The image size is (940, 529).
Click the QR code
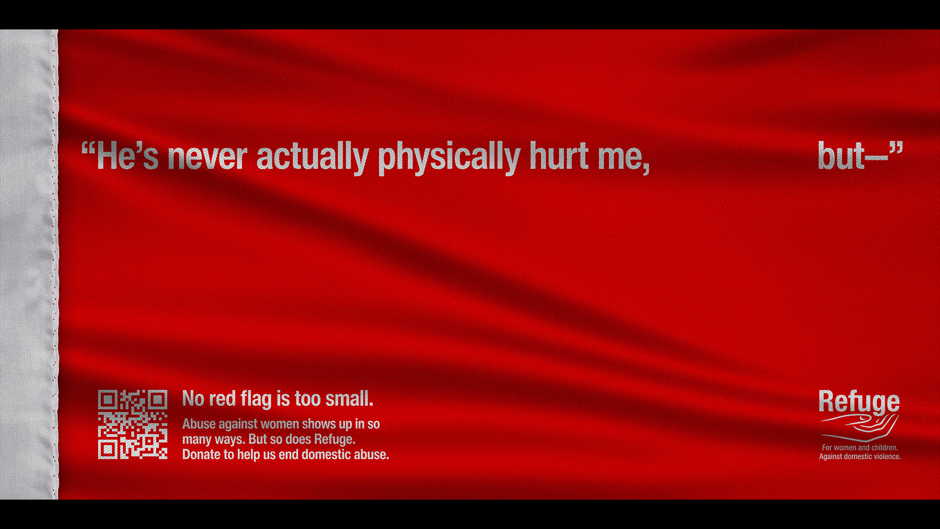pyautogui.click(x=132, y=424)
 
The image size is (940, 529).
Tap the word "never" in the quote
pyautogui.click(x=207, y=157)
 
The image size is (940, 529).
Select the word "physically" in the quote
pyautogui.click(x=448, y=157)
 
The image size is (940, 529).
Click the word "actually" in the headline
pyautogui.click(x=312, y=157)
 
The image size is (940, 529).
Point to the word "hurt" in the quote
pyautogui.click(x=559, y=157)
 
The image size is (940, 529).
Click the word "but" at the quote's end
pyautogui.click(x=841, y=157)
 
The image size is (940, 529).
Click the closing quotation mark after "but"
pyautogui.click(x=896, y=148)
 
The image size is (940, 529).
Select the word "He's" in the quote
pyautogui.click(x=127, y=157)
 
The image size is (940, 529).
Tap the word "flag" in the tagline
pyautogui.click(x=256, y=399)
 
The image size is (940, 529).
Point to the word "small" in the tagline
pyautogui.click(x=348, y=399)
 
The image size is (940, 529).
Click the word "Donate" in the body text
pyautogui.click(x=201, y=455)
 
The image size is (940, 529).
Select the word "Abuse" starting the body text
pyautogui.click(x=199, y=424)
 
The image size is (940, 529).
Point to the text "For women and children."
pyautogui.click(x=860, y=447)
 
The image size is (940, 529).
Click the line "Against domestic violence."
pyautogui.click(x=860, y=457)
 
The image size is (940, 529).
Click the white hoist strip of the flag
pyautogui.click(x=28, y=264)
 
